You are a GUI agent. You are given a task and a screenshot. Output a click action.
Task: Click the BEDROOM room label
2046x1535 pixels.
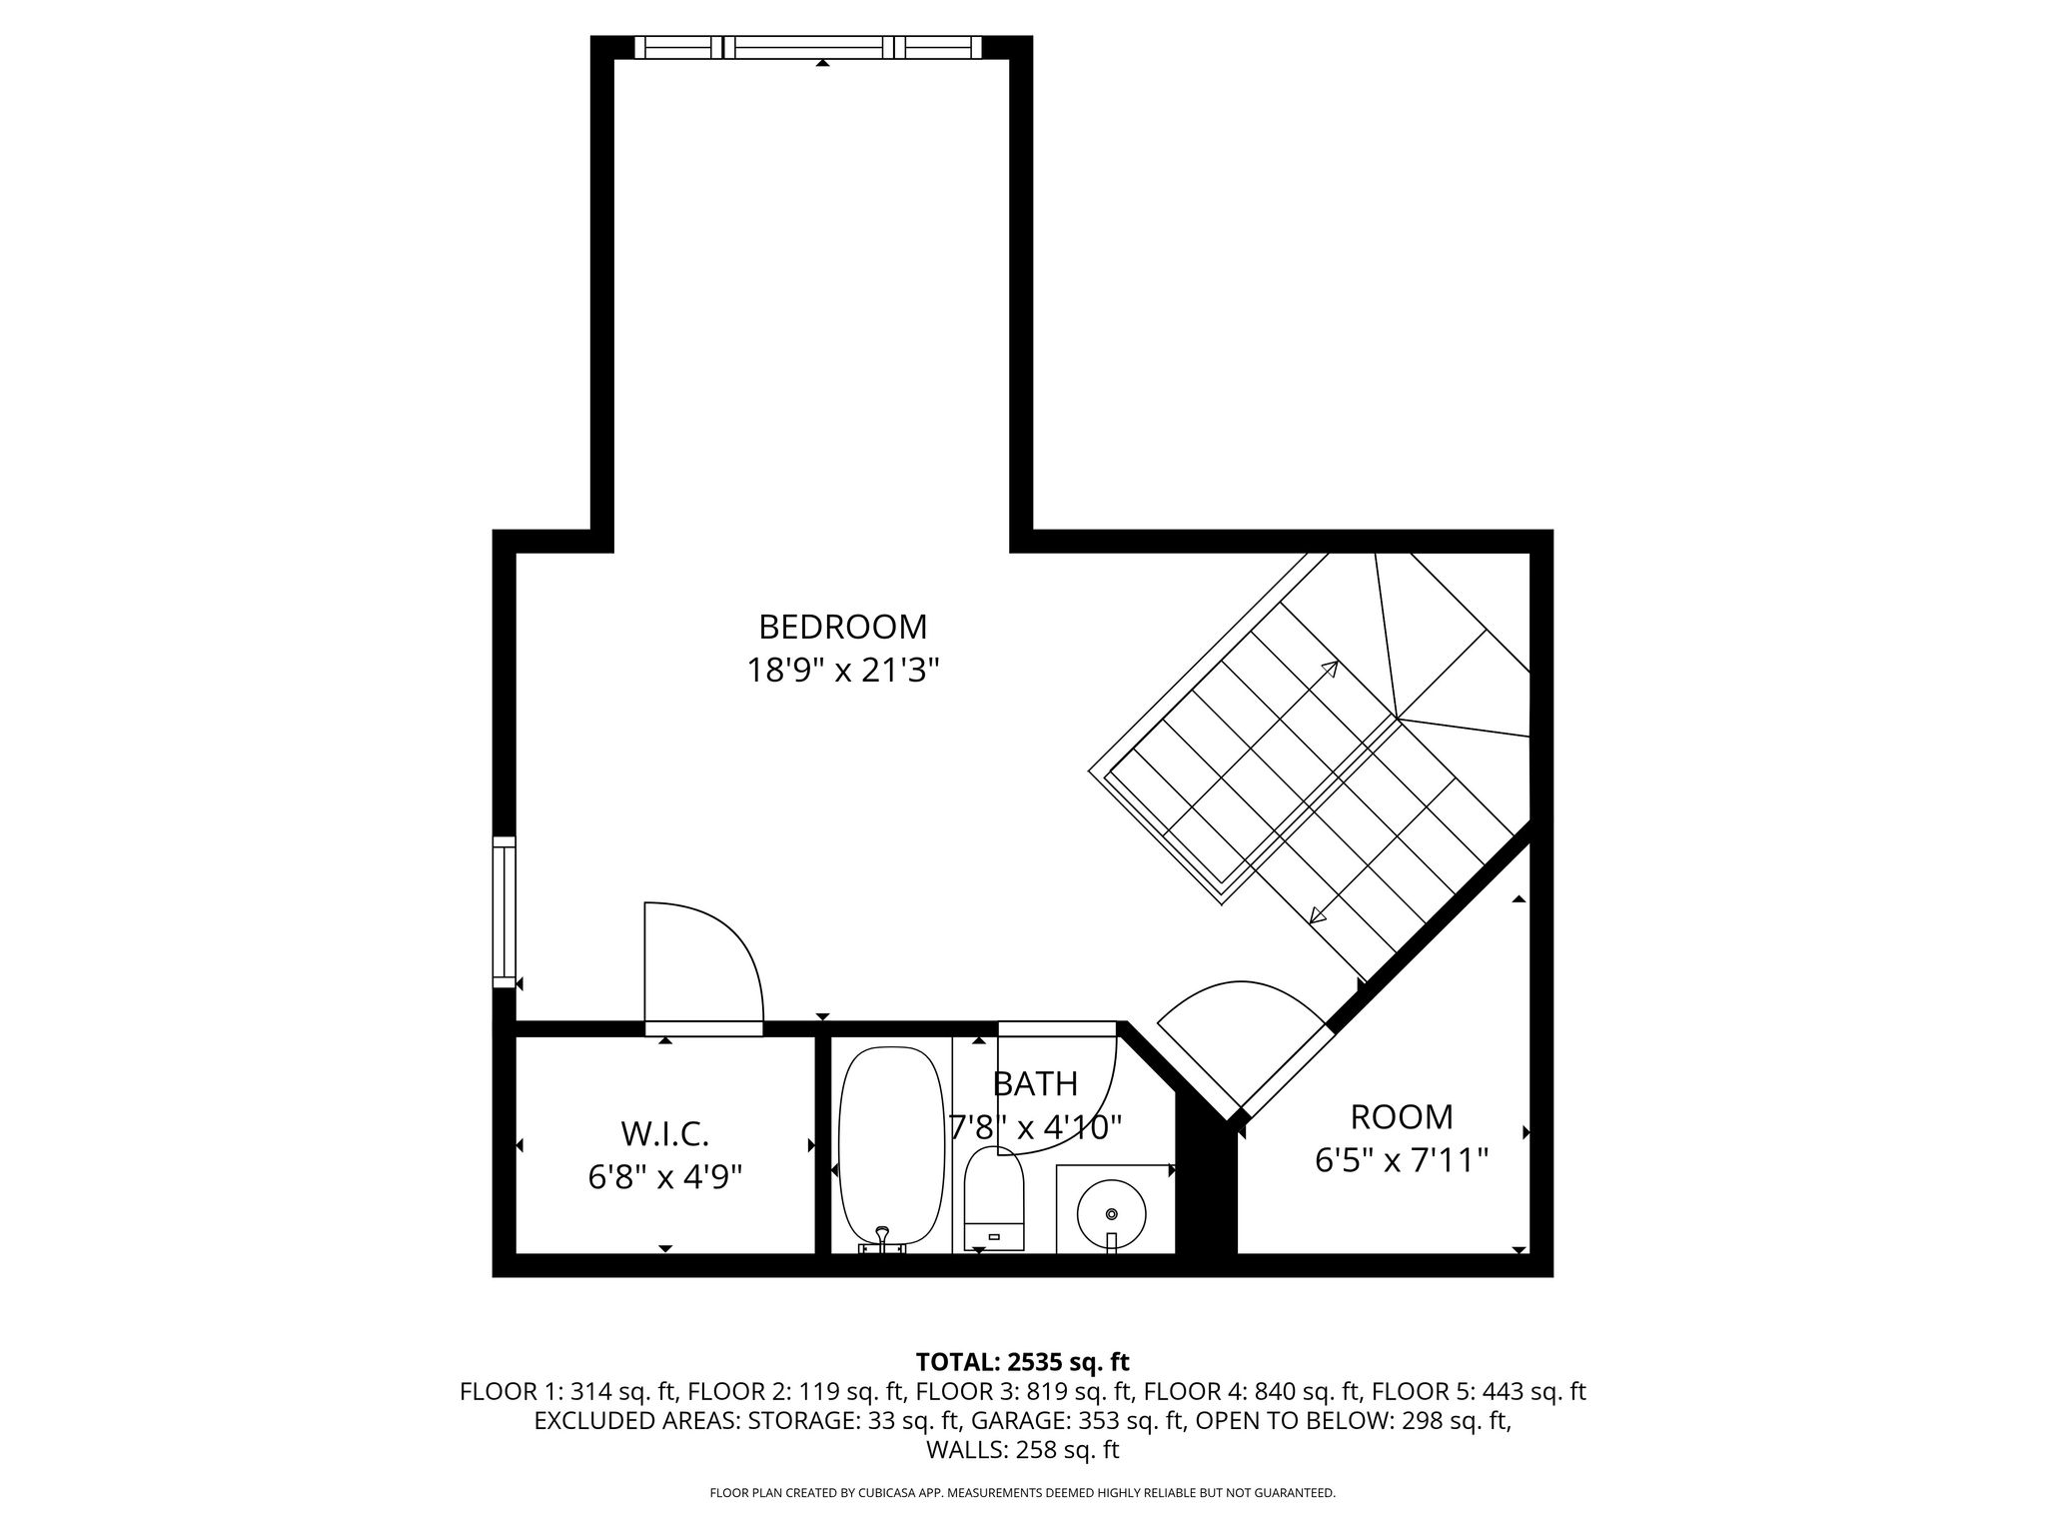tap(843, 627)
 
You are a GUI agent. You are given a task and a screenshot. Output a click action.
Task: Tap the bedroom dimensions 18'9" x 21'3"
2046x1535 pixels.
tap(843, 670)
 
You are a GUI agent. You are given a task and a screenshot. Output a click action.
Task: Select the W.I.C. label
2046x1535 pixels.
tap(665, 1134)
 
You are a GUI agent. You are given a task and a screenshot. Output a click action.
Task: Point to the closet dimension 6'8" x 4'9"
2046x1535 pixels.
tap(665, 1177)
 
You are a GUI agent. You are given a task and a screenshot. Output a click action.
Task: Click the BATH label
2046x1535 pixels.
tap(1035, 1083)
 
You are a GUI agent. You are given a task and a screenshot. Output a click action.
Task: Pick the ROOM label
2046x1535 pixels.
tap(1402, 1116)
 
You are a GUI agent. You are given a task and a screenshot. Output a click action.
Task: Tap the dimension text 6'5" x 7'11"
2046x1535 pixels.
tap(1402, 1160)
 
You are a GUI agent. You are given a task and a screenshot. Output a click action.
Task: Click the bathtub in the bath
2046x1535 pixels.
tap(890, 1148)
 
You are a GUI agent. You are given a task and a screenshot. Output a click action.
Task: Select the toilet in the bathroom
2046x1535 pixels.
tap(994, 1199)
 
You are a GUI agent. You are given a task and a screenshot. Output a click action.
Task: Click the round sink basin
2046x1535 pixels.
tap(1111, 1213)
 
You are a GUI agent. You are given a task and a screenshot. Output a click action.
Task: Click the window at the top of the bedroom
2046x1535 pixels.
tap(808, 47)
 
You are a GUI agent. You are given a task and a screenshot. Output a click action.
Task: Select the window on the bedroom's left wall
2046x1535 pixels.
tap(505, 912)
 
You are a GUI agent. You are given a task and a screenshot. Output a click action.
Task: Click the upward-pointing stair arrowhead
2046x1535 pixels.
tap(1331, 669)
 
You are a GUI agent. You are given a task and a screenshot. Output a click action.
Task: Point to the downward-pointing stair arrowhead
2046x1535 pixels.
tap(1318, 914)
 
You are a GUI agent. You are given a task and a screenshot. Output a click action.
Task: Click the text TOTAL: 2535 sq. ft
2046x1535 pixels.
tap(1022, 1361)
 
